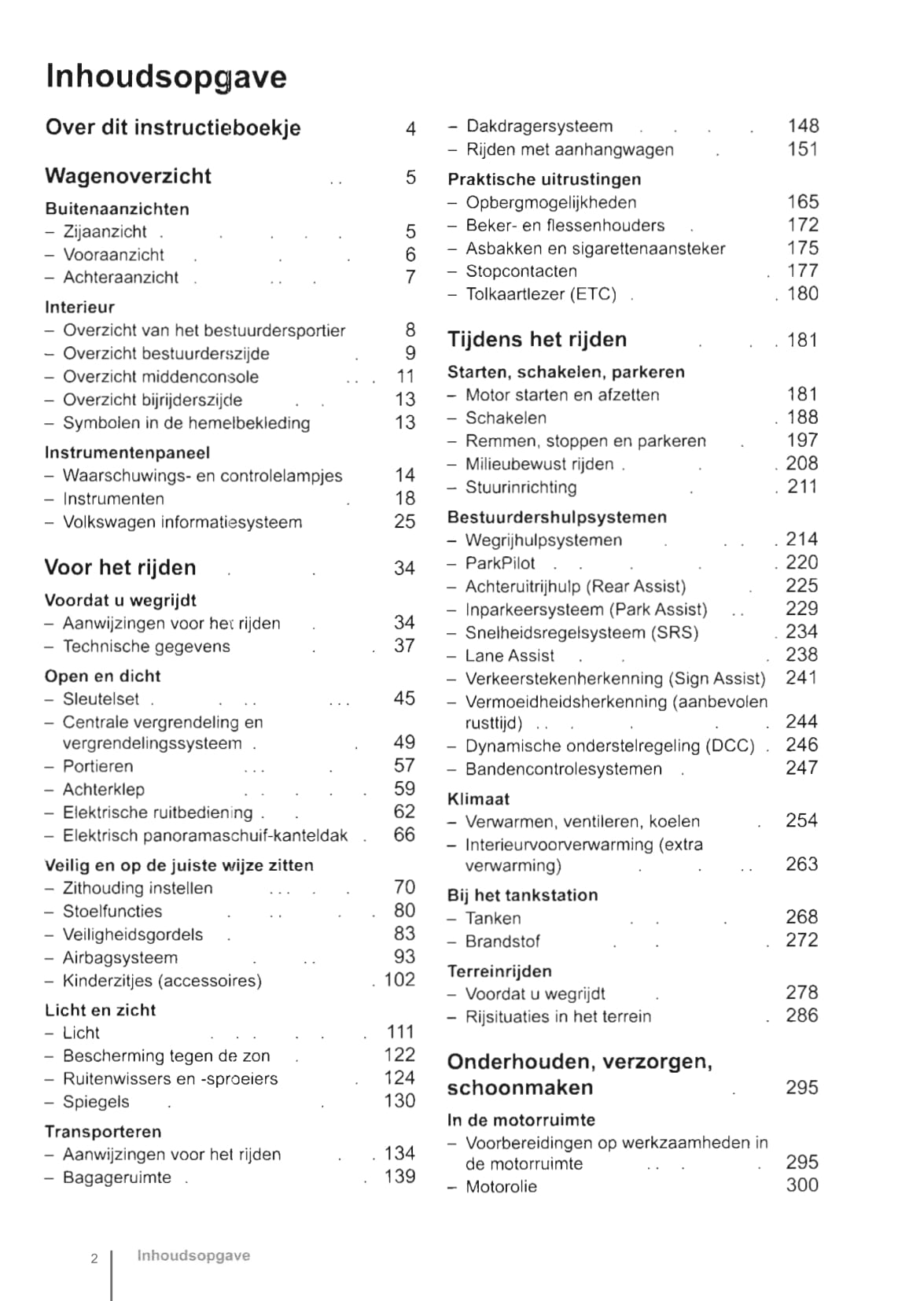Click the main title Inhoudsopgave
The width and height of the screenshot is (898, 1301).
click(166, 76)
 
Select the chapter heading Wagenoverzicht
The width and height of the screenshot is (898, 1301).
click(128, 175)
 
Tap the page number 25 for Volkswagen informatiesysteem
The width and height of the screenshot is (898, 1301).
click(404, 521)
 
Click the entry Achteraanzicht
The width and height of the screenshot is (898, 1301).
click(120, 277)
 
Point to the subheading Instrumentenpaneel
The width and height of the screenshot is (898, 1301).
click(127, 452)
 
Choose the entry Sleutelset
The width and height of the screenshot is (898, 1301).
click(101, 698)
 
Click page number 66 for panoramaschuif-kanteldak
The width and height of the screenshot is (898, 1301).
click(404, 835)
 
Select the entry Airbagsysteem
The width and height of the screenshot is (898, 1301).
click(120, 957)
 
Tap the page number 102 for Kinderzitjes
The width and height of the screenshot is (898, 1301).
click(399, 979)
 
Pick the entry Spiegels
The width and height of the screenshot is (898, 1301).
click(96, 1101)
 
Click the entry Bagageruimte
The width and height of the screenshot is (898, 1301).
click(116, 1177)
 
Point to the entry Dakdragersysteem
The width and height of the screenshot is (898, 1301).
click(539, 126)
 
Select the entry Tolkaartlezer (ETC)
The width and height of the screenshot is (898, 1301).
click(541, 294)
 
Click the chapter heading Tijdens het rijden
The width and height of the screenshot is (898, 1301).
click(537, 340)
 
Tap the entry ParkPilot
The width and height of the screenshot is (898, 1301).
click(499, 563)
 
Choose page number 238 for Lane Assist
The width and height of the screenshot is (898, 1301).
click(801, 654)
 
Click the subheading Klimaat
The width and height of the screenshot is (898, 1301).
click(478, 798)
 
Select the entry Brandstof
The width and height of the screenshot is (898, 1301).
click(502, 941)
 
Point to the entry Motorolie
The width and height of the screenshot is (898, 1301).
click(501, 1186)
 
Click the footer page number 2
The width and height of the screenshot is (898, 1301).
click(94, 1259)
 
